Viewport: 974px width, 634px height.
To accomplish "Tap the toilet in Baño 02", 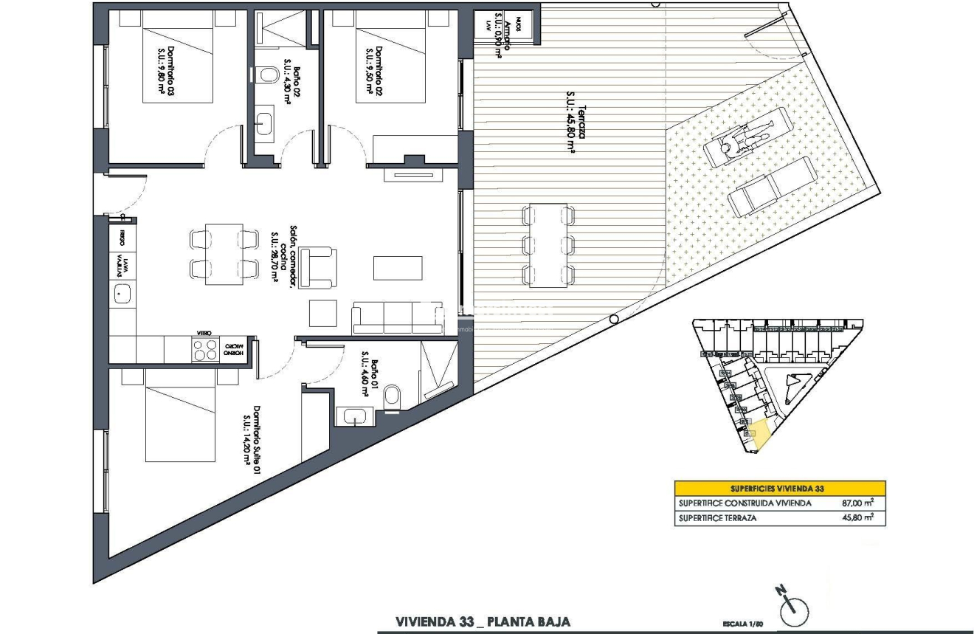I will (x=266, y=75).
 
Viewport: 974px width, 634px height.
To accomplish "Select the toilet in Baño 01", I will (x=394, y=396).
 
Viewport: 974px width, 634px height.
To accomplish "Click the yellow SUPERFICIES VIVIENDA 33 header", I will (x=780, y=489).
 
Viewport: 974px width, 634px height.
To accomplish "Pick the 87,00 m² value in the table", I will (x=858, y=503).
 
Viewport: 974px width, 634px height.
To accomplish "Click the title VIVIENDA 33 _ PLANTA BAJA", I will (x=483, y=622).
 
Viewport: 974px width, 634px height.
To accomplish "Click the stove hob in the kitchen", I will (x=202, y=349).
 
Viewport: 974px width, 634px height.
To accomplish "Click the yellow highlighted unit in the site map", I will (x=760, y=433).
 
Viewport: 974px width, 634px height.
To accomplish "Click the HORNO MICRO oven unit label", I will (x=235, y=349).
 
